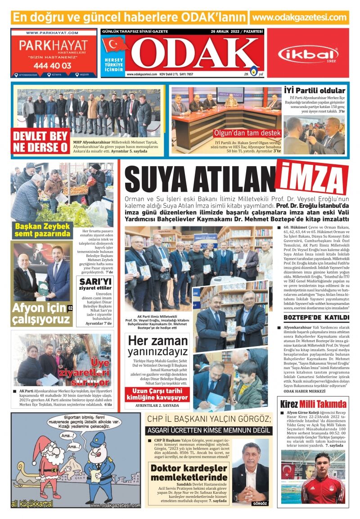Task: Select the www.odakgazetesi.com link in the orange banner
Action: pyautogui.click(x=299, y=18)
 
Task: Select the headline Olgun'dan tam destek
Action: pyautogui.click(x=247, y=134)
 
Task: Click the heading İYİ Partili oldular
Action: pyautogui.click(x=315, y=90)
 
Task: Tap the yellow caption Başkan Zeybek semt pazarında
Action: pyautogui.click(x=42, y=230)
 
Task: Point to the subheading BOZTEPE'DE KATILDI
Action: pyautogui.click(x=310, y=317)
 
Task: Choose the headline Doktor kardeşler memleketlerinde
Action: pyautogui.click(x=189, y=473)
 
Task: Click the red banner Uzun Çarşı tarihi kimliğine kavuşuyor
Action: pyautogui.click(x=156, y=394)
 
